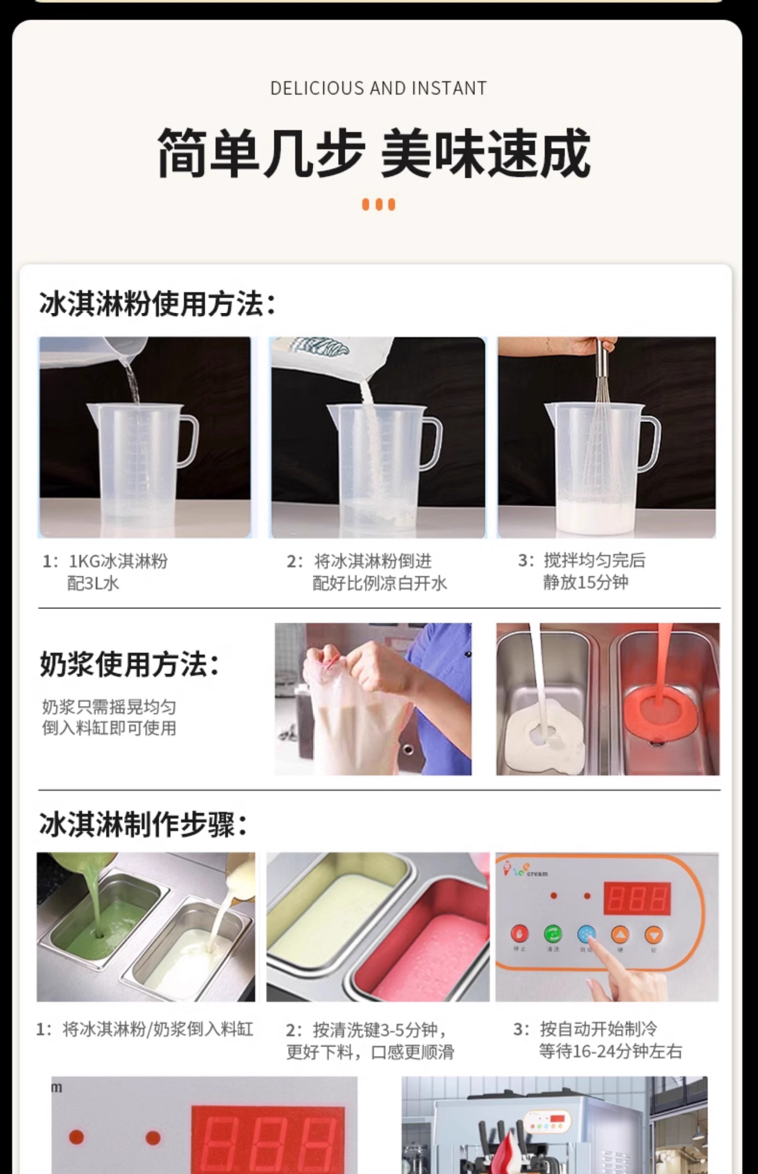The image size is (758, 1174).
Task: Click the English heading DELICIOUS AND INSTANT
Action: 378,89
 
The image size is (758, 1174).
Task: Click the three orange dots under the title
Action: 378,204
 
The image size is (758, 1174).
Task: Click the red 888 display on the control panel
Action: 637,898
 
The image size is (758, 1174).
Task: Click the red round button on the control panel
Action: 519,934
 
